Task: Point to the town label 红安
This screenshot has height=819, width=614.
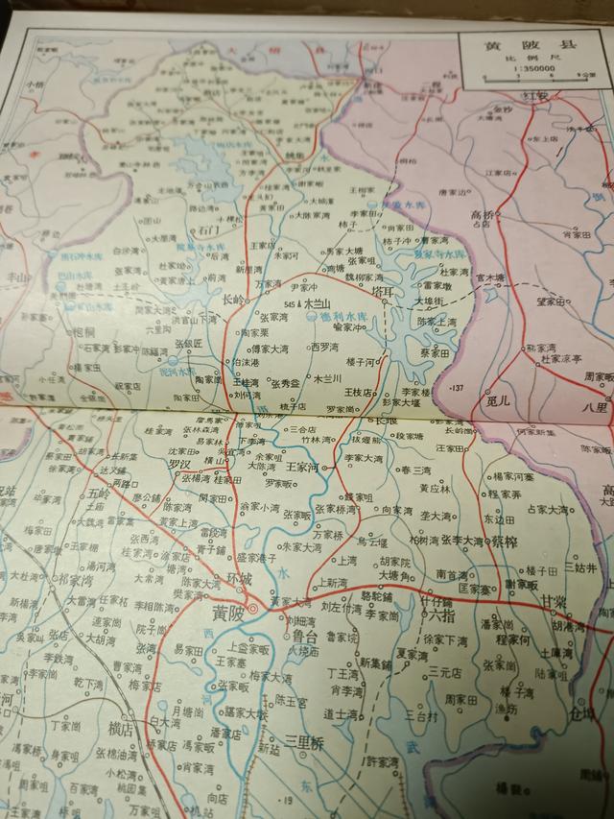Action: (x=534, y=98)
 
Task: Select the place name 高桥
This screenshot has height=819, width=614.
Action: (x=482, y=215)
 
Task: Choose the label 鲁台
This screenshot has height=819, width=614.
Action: (x=305, y=636)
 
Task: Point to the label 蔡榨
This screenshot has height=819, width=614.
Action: (x=504, y=542)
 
